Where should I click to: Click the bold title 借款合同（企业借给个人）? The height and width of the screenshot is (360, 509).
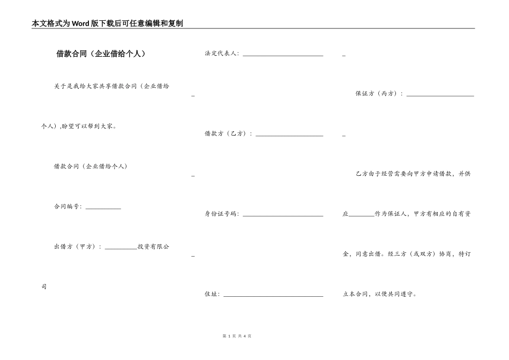(101, 54)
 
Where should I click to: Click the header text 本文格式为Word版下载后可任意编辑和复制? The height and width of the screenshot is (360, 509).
(108, 24)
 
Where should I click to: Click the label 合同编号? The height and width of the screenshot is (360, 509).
(68, 206)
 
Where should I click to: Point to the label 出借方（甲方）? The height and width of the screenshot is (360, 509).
(74, 246)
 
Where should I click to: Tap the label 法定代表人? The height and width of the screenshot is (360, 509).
(222, 54)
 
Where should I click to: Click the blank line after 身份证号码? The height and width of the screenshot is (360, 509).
(283, 216)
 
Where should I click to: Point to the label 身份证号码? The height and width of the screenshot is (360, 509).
(222, 214)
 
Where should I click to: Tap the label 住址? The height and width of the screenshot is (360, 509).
(212, 294)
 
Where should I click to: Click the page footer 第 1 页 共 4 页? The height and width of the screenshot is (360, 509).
(236, 336)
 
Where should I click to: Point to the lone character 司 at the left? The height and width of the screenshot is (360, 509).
(44, 287)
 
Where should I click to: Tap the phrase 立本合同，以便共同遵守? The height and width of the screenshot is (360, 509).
(379, 294)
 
